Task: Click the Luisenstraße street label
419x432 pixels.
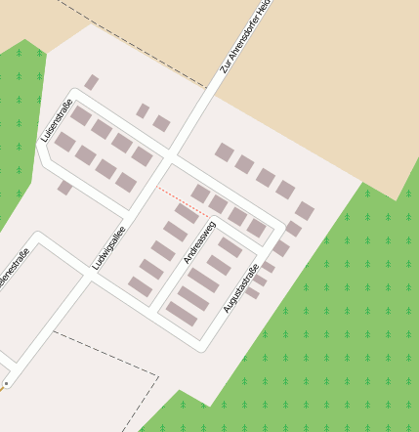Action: tap(58, 119)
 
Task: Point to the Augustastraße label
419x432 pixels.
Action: tap(240, 288)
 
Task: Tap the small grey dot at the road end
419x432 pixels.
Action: tap(6, 384)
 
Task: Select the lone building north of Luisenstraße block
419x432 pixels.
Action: tap(91, 82)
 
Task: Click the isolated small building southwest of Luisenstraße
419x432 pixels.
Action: tap(64, 187)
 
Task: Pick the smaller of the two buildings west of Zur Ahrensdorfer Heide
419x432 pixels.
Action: tap(143, 110)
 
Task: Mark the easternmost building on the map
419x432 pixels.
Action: tap(305, 210)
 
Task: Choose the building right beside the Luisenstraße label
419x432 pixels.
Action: tap(80, 116)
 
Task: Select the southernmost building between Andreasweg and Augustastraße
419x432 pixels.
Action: tap(182, 313)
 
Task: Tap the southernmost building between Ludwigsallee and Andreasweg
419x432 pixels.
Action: tap(140, 286)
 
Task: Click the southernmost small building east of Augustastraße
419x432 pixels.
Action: tap(252, 292)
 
